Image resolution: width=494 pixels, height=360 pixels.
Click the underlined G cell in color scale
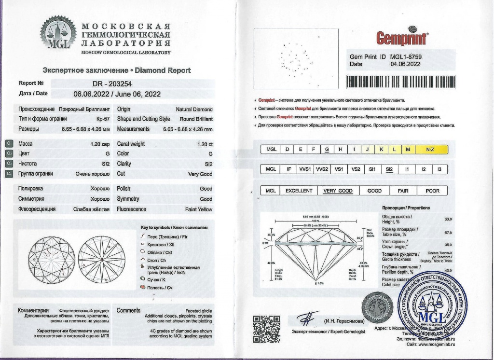328,149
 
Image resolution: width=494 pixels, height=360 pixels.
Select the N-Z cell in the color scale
429,149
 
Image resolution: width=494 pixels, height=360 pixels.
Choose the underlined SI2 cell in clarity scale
389,169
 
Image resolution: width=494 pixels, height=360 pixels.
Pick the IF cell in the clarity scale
288,169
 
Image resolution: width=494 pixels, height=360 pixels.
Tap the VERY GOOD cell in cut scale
338,191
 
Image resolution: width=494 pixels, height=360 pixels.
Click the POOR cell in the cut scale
432,191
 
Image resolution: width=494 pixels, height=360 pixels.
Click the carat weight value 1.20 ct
205,144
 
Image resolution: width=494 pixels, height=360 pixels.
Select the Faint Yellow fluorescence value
198,209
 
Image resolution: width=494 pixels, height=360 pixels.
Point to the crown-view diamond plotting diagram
52,259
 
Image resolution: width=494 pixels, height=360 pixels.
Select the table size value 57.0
447,233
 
